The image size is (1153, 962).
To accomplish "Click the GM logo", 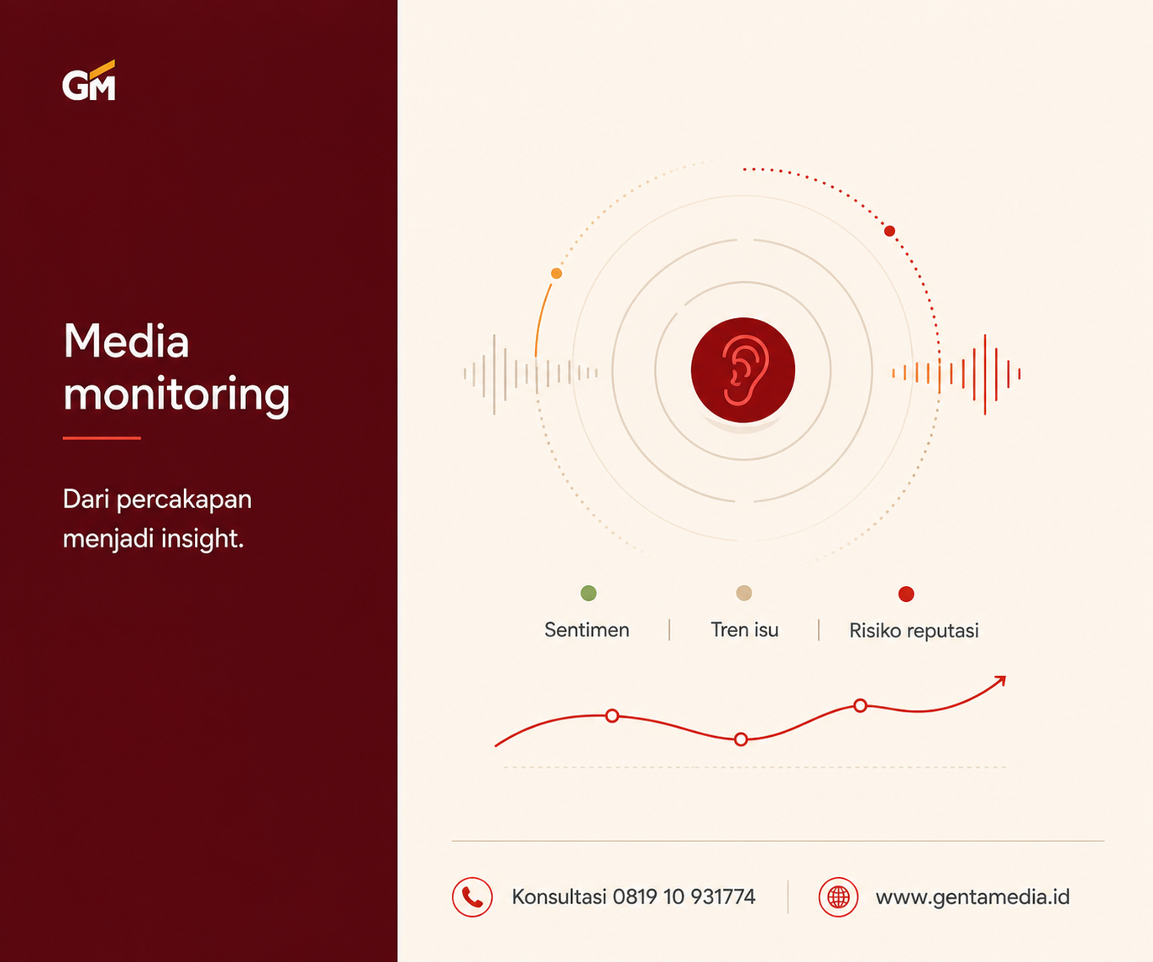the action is pos(89,81).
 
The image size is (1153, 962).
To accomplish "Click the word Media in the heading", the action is pos(127,341).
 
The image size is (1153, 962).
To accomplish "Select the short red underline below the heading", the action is pos(102,438).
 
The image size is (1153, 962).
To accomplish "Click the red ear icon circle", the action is pos(743,370).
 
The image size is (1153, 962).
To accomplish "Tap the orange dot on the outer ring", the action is pos(557,273).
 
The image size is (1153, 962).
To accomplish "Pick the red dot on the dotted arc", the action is pos(889,231).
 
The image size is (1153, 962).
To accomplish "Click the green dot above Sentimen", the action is pos(589,593).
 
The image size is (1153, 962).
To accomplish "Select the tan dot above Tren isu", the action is pos(744,593).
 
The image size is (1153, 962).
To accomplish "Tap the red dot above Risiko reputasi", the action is pos(906,593).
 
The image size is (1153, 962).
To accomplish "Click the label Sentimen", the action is pos(587,630).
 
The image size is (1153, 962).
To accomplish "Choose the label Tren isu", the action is pos(744,630).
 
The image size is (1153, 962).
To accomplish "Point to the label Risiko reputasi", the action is pos(914,631).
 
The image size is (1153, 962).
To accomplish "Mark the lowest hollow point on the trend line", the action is pos(741,740).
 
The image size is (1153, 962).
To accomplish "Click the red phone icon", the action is pos(472,897).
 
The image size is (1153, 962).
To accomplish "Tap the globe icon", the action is pos(838,897).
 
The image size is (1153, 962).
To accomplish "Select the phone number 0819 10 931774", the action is pos(684,897).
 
